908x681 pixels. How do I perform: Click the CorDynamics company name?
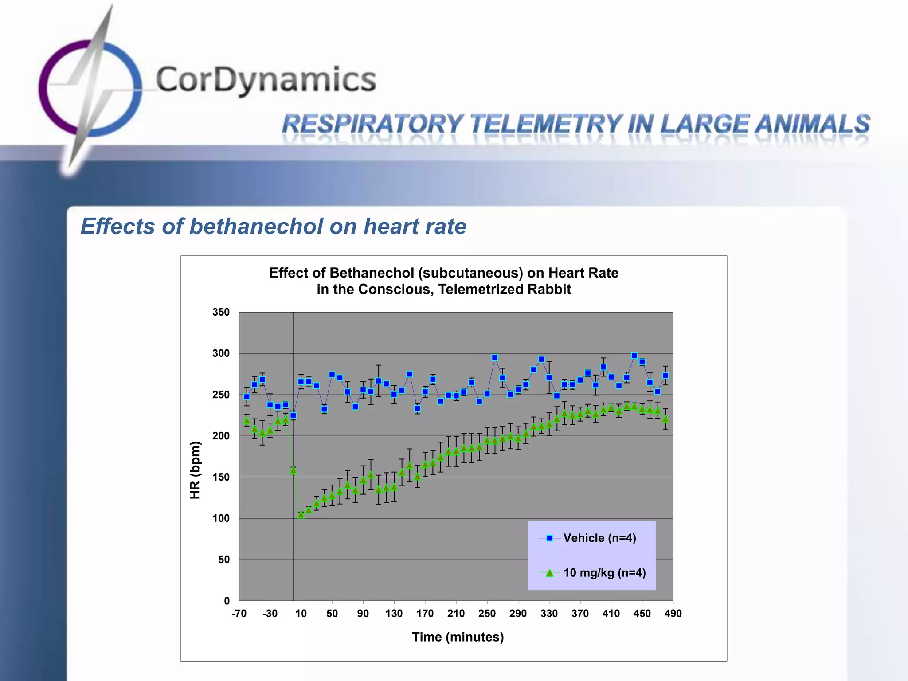coord(266,80)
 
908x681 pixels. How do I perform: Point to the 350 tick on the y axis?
coord(221,312)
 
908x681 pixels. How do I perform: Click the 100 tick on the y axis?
coord(221,518)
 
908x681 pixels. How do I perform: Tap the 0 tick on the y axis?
coord(227,601)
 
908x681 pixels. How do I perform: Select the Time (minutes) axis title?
coord(458,637)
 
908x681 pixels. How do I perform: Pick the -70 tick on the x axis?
coord(239,614)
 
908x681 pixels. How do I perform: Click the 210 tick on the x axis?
coord(456,614)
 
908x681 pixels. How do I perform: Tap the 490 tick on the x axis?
coord(673,614)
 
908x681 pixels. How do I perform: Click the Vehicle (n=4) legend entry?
coord(599,538)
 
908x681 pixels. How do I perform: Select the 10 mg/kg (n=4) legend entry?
coord(604,573)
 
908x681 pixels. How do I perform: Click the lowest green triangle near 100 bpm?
coord(301,515)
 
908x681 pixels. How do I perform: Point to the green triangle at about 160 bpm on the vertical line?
coord(293,470)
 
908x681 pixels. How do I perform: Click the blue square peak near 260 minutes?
coord(495,357)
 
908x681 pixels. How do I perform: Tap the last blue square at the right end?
coord(665,376)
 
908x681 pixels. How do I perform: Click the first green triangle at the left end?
coord(247,420)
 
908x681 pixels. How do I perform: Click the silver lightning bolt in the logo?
coord(91,89)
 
